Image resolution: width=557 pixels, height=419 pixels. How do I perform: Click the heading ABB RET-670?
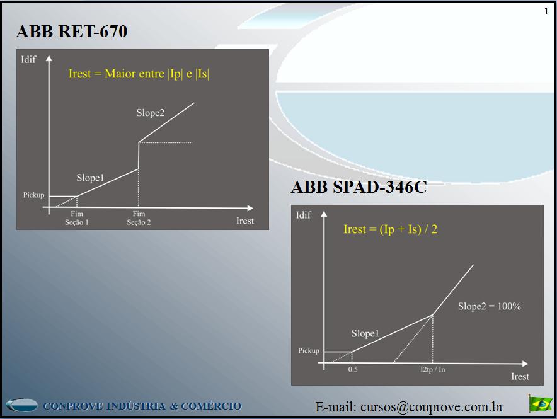coord(72,32)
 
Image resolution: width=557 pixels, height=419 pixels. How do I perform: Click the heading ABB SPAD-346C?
coord(359,187)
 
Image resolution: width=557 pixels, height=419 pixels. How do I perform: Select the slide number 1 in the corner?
coord(546,11)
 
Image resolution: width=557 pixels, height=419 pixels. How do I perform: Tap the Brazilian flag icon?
coord(540,403)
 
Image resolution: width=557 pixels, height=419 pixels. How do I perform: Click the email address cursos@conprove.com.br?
coord(410,407)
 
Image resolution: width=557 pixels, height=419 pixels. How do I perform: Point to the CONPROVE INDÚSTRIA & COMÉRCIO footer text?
coord(142,406)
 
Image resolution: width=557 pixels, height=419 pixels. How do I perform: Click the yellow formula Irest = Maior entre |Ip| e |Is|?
coord(139,74)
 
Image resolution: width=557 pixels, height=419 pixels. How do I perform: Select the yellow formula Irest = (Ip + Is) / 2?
coord(390,229)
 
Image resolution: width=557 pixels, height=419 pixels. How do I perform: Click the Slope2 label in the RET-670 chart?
coord(150,113)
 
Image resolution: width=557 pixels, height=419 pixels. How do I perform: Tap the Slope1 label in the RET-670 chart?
coord(90,178)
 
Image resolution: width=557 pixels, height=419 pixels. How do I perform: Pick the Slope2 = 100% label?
coord(489,307)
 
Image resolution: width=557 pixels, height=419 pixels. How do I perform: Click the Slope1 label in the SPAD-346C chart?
coord(365,333)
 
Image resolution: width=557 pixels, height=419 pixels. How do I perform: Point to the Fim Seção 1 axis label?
coord(77,218)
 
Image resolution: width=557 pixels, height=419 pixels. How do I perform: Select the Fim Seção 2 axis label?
coord(139,218)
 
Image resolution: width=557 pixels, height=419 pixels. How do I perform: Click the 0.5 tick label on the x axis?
coord(352,369)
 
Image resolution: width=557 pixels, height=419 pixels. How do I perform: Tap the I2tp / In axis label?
coord(432,369)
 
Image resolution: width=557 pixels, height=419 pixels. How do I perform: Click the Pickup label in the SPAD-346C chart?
coord(309,350)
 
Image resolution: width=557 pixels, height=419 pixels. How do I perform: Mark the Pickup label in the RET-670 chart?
coord(34,195)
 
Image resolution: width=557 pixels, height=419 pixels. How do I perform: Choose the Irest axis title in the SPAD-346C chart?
coord(520,376)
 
